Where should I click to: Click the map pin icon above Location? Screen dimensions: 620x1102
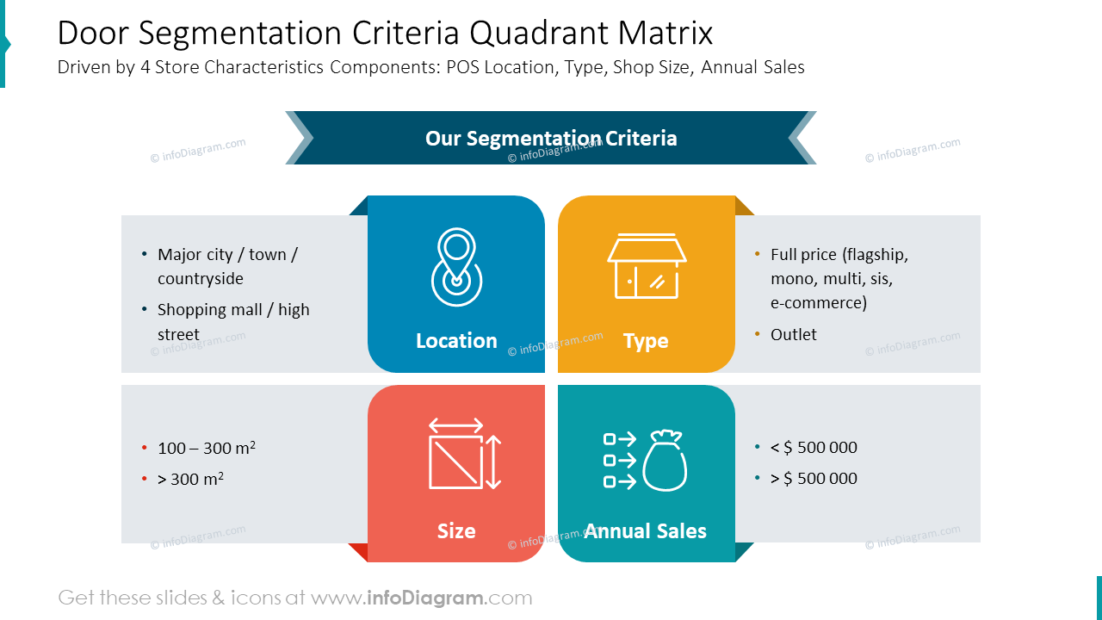456,267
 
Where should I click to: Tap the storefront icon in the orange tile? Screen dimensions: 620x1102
646,266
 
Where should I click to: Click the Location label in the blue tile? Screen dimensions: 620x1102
456,341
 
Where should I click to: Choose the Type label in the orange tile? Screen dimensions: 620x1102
646,341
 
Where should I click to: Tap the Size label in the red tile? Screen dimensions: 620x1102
456,531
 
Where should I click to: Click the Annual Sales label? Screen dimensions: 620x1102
646,531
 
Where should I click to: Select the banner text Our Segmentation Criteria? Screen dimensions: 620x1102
551,138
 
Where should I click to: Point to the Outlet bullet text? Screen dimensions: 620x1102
793,334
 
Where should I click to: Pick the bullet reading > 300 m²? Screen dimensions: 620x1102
190,479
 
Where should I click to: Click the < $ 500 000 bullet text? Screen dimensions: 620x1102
814,447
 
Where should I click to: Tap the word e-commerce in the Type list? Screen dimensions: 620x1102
818,302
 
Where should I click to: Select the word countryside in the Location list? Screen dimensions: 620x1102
200,278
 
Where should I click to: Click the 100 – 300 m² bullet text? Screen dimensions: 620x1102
206,448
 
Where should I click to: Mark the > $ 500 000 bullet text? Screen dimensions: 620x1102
814,478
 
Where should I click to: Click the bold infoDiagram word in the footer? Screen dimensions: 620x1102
426,598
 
